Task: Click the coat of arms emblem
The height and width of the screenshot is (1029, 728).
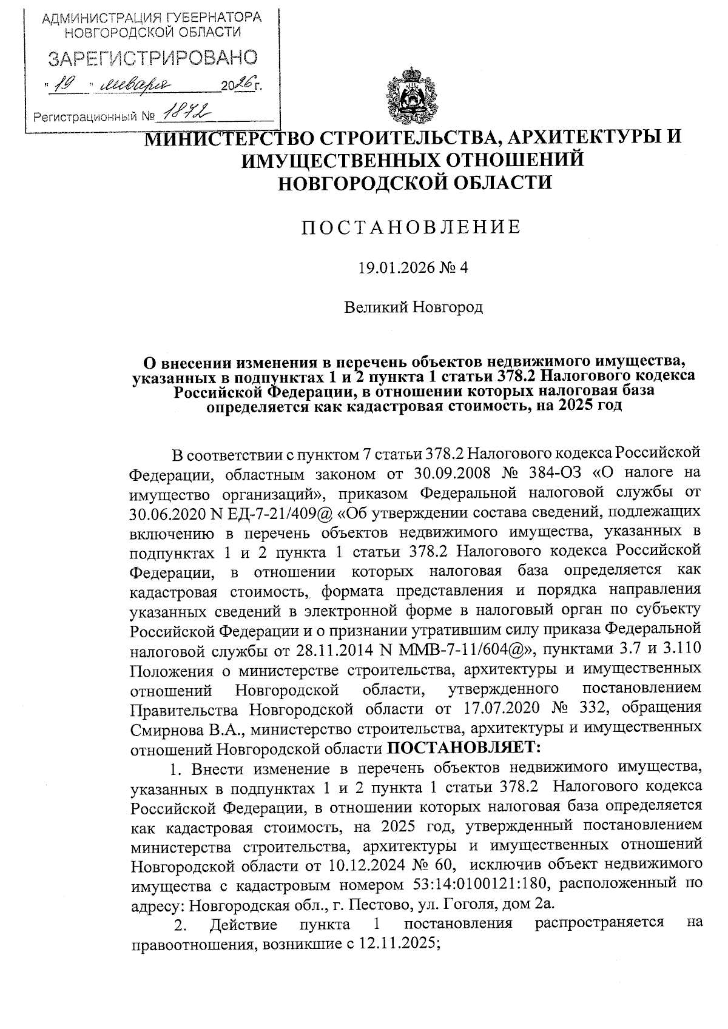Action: click(408, 96)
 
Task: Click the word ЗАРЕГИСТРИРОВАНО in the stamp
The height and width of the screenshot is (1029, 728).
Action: click(152, 58)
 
